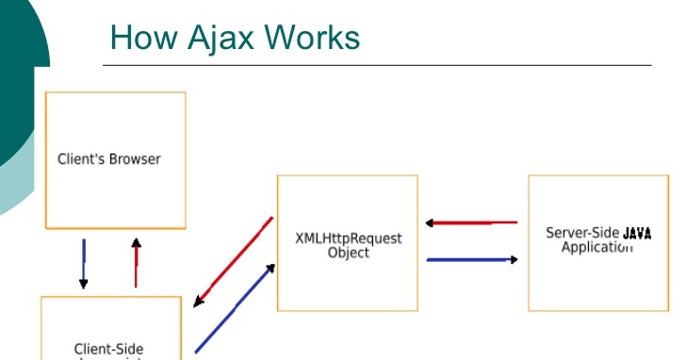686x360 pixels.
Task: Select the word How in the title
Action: (x=143, y=38)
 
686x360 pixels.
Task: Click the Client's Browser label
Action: (x=109, y=159)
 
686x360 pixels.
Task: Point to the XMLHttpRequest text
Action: (x=349, y=238)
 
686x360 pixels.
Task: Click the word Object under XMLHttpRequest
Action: (x=349, y=253)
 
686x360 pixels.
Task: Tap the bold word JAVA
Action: (x=637, y=233)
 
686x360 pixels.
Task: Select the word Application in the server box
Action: (x=596, y=248)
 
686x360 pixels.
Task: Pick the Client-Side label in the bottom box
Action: (x=109, y=350)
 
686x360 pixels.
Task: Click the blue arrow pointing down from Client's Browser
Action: (x=84, y=263)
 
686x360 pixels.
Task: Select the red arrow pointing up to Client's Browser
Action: (x=136, y=263)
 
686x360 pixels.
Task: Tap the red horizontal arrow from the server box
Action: (x=471, y=223)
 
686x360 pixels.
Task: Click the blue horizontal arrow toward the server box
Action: (x=471, y=259)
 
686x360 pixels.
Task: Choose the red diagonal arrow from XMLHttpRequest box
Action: (x=233, y=263)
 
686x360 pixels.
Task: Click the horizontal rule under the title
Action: (x=377, y=65)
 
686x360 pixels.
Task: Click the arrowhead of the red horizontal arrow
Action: (x=429, y=223)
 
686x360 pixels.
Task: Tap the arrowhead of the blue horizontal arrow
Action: (x=514, y=259)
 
